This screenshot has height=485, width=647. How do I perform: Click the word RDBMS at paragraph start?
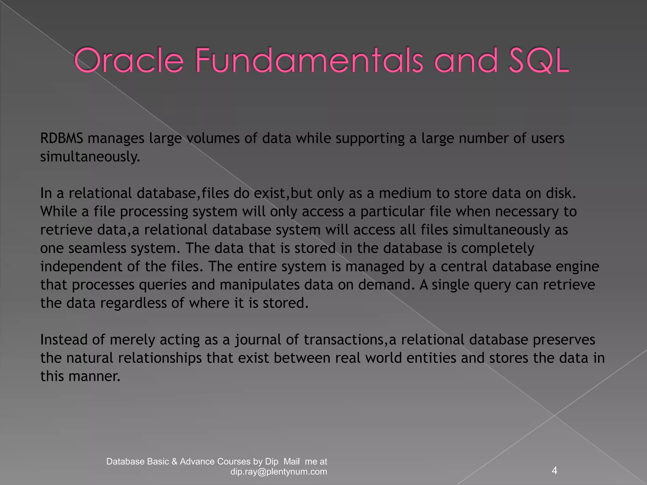pos(62,138)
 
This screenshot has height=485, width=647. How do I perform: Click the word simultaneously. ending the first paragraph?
pos(90,157)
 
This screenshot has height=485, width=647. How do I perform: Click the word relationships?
pos(160,358)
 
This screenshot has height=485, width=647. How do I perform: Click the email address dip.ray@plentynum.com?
pos(279,471)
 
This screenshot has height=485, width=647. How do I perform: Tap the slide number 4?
pos(554,470)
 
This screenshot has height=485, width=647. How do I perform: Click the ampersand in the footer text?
pos(174,462)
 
